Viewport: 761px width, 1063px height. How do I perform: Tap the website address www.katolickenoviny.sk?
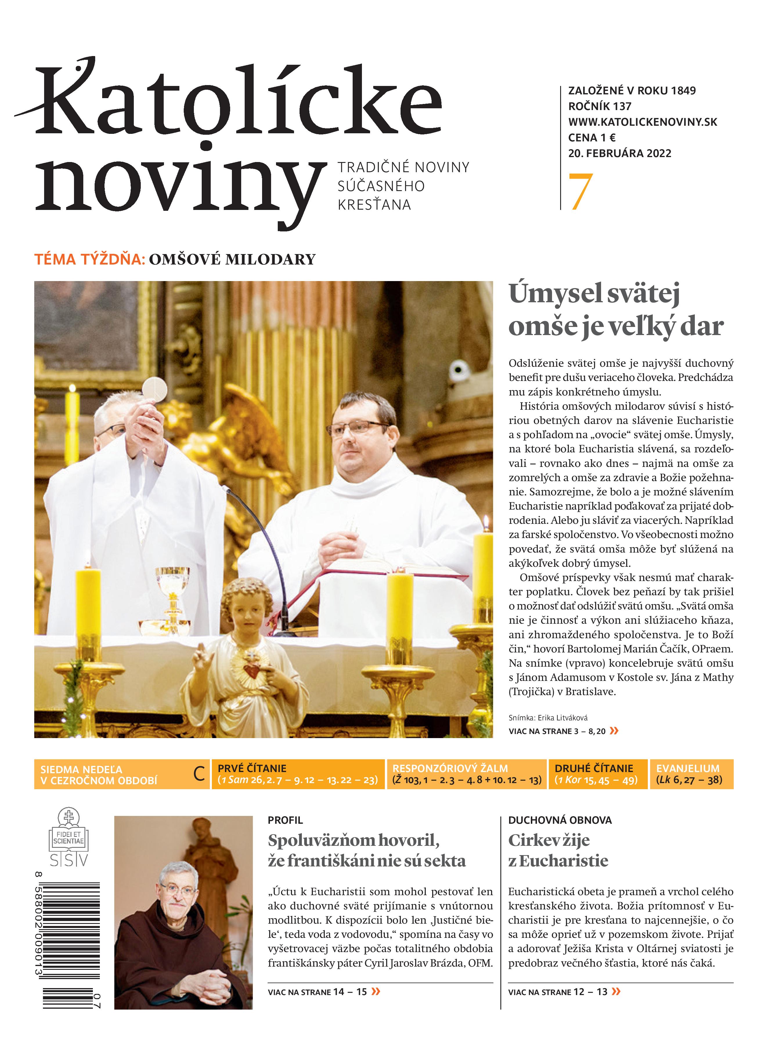click(643, 122)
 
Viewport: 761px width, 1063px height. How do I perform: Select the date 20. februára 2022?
click(619, 153)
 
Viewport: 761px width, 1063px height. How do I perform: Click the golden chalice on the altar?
click(172, 591)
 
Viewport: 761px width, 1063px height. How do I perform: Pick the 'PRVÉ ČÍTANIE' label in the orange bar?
click(252, 768)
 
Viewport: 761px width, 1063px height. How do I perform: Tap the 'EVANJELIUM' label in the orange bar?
click(688, 768)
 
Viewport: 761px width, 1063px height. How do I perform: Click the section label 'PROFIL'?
click(285, 820)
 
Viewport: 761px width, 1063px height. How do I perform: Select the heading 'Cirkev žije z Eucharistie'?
click(558, 851)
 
